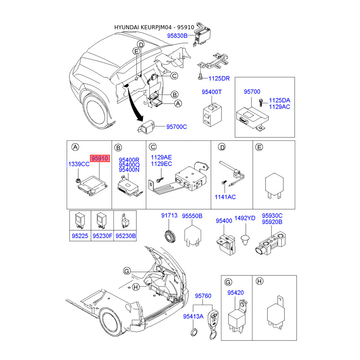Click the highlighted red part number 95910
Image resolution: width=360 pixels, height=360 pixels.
[x=100, y=158]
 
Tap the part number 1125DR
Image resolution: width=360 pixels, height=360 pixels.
[x=218, y=78]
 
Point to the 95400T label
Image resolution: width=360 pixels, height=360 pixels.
[x=211, y=92]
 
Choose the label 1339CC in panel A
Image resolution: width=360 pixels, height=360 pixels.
[x=79, y=164]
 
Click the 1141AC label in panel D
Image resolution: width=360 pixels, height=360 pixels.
[x=225, y=197]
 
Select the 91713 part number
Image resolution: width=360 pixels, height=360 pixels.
[x=169, y=216]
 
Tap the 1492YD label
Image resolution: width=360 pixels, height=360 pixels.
[x=245, y=218]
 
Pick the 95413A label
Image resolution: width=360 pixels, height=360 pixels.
[x=193, y=317]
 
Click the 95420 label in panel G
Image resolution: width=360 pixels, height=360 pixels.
[x=235, y=292]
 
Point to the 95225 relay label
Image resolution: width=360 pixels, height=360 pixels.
[x=81, y=234]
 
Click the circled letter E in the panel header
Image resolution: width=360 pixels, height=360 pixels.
[x=259, y=147]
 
